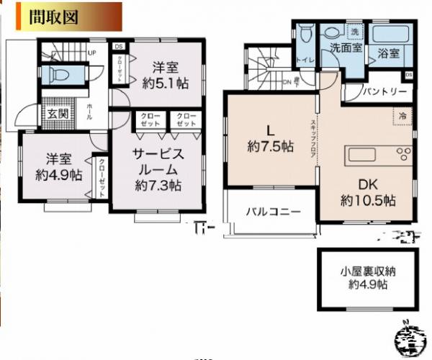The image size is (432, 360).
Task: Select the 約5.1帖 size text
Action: (x=166, y=84)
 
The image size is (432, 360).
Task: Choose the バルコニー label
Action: (x=272, y=212)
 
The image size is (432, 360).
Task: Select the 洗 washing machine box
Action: (x=354, y=32)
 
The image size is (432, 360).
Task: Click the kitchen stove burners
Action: (x=402, y=154)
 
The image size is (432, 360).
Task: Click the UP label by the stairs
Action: (x=92, y=53)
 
